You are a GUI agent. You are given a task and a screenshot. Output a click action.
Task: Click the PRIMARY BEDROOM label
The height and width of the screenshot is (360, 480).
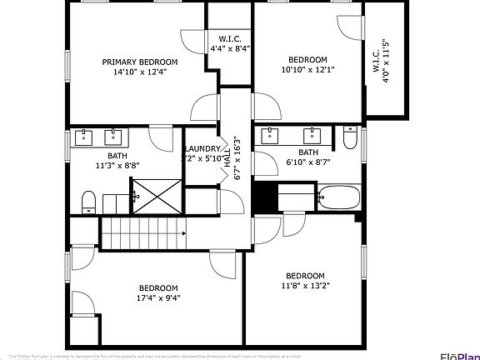(x=140, y=62)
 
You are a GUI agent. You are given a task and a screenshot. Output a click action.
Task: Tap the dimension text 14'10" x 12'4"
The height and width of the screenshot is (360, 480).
(x=140, y=72)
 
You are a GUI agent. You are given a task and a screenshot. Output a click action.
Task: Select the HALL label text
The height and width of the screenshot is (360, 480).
(x=227, y=162)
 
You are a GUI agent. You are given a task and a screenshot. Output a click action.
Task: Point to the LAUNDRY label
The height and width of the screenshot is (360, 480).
(x=202, y=148)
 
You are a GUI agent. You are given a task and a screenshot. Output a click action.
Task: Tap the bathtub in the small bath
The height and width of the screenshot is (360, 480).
(x=338, y=198)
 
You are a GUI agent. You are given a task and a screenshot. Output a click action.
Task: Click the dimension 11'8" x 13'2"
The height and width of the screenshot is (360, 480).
(x=305, y=287)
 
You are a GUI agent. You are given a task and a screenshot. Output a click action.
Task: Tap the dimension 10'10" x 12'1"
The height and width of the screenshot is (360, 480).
(x=307, y=70)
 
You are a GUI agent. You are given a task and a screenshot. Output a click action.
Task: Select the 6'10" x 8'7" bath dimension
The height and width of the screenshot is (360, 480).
(x=308, y=162)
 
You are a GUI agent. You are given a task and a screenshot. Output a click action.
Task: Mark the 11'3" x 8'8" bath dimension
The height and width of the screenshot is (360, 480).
(x=117, y=165)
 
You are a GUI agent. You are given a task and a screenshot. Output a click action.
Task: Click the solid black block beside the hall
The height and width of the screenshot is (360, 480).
(x=263, y=197)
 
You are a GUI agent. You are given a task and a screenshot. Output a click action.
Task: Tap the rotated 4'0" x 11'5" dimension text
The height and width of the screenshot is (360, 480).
(x=386, y=61)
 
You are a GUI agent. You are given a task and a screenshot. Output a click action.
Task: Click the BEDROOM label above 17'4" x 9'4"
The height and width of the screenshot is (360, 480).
(x=158, y=288)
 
